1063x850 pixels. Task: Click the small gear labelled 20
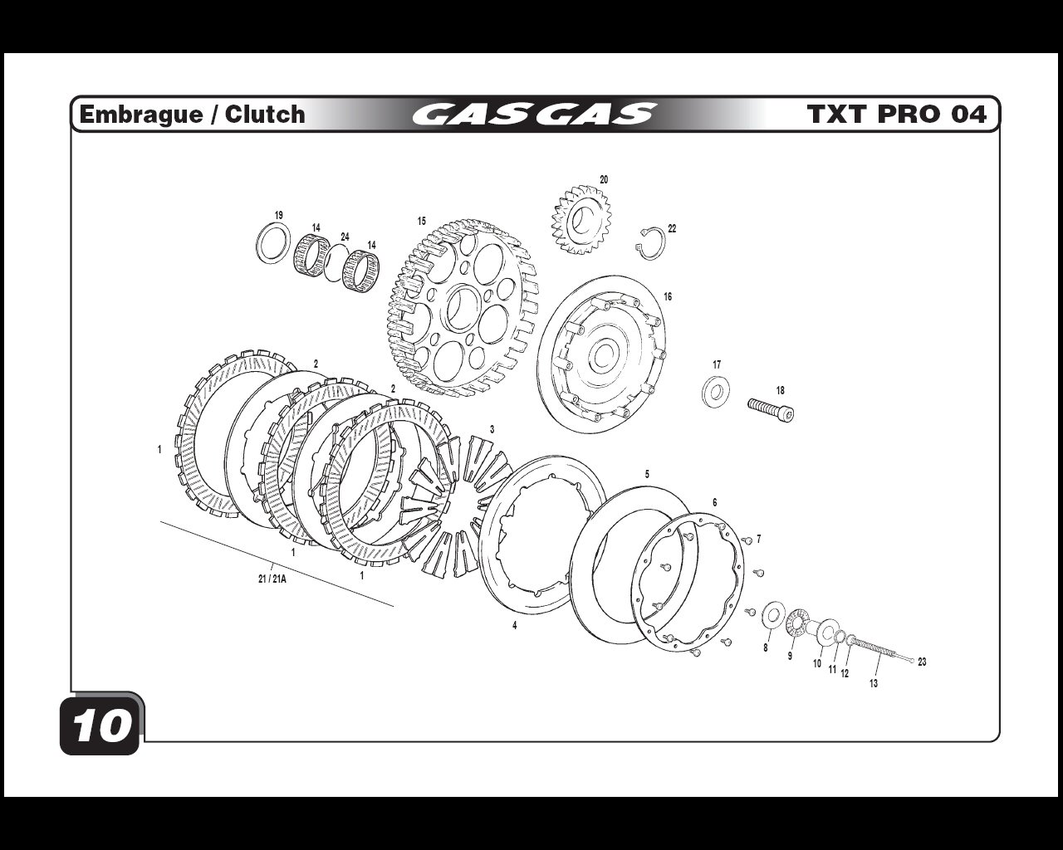pyautogui.click(x=581, y=219)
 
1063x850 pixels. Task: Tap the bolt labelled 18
pyautogui.click(x=771, y=410)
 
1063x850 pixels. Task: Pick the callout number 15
pyautogui.click(x=421, y=221)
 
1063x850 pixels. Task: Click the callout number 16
pyautogui.click(x=668, y=297)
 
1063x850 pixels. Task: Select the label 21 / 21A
pyautogui.click(x=272, y=579)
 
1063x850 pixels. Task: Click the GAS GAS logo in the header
pyautogui.click(x=535, y=114)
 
